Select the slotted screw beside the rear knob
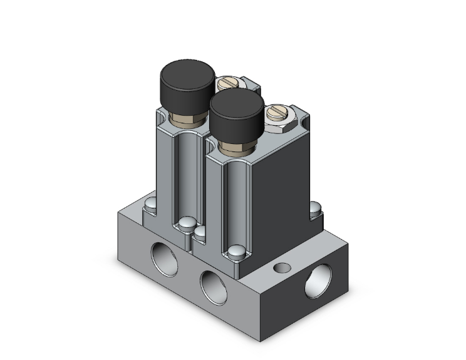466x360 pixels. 227,83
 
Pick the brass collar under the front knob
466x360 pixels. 238,148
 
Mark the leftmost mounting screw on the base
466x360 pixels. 150,204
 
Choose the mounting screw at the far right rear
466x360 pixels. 316,207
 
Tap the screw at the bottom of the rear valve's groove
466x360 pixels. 185,223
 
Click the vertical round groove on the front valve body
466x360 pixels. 235,200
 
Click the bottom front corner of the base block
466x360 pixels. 259,339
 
